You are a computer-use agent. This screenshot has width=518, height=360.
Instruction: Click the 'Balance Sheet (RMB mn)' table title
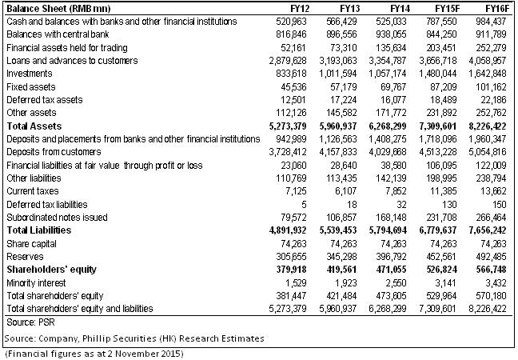tap(58, 8)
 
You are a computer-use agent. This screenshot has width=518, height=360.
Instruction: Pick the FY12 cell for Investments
tap(291, 74)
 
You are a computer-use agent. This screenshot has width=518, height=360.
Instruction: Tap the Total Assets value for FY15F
tap(438, 126)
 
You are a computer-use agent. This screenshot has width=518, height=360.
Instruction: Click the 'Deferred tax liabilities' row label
tap(47, 204)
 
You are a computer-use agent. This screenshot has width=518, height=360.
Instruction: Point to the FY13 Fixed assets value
tap(344, 87)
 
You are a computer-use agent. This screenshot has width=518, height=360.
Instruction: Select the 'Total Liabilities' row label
tap(39, 230)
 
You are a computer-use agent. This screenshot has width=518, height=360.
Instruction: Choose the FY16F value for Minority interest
tap(494, 283)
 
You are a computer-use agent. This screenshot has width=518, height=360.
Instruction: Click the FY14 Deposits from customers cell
tap(388, 152)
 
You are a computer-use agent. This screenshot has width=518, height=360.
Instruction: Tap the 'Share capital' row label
tap(31, 244)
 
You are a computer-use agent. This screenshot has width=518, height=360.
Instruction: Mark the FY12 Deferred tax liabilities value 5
tap(304, 205)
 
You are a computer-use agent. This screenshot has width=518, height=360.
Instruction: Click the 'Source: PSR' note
tap(30, 322)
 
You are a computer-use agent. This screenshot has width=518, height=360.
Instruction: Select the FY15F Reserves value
tap(441, 257)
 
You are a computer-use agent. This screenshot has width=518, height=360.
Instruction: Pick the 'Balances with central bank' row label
tap(58, 34)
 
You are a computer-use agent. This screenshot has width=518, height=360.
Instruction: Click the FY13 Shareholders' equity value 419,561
tap(341, 270)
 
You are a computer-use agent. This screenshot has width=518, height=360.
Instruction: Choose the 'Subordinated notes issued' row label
tap(57, 217)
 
